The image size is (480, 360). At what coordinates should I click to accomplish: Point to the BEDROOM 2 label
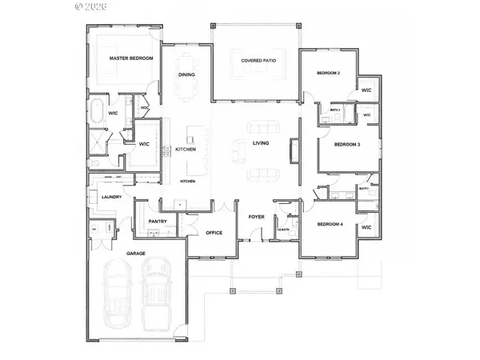pos(328,74)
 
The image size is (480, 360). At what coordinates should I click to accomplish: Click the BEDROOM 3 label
pos(346,145)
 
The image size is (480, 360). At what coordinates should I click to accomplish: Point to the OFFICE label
pos(214,233)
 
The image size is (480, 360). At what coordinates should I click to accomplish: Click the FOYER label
pos(256,217)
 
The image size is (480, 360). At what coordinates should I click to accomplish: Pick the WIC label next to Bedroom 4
pos(366,228)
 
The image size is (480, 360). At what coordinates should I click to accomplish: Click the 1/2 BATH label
pos(282,230)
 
